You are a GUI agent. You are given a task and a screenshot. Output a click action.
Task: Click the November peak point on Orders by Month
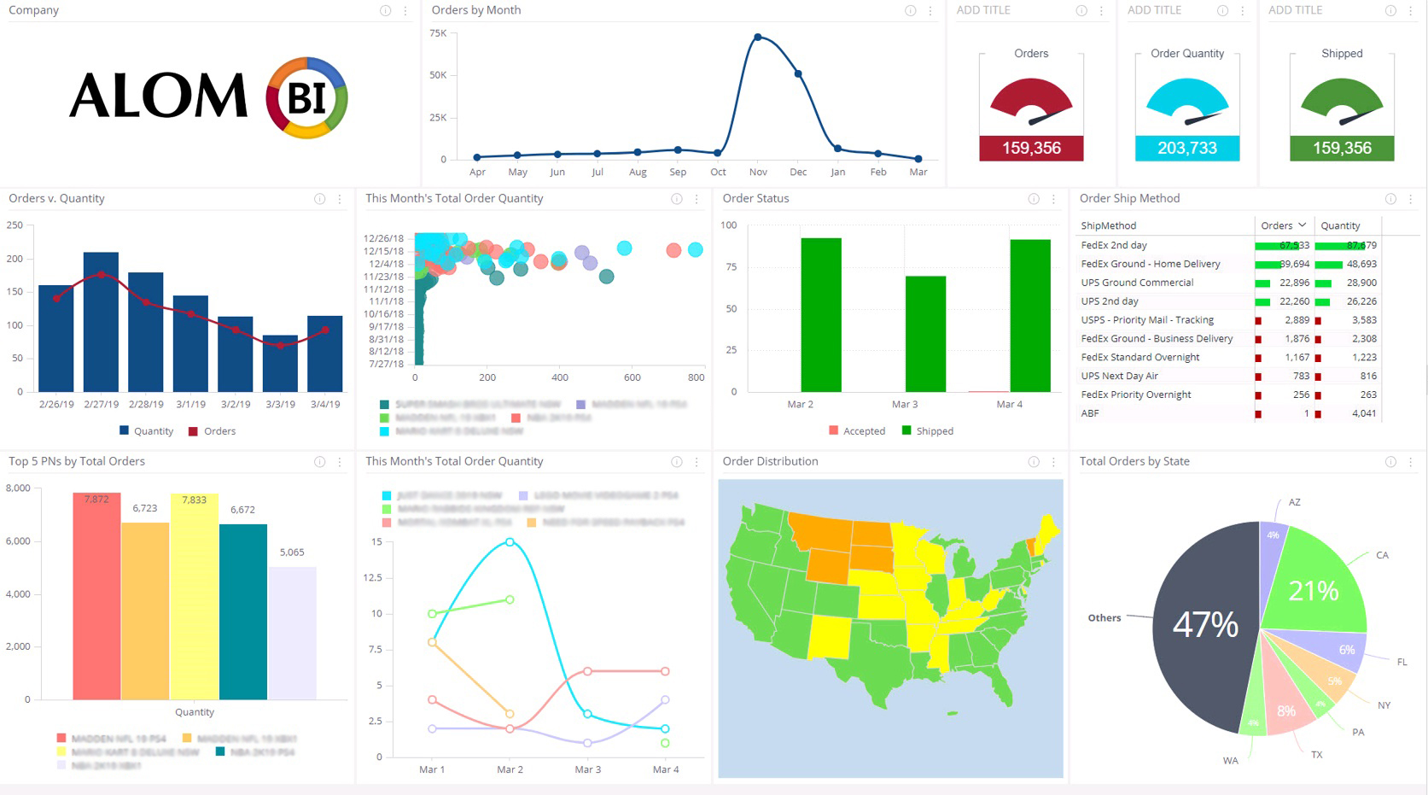(758, 38)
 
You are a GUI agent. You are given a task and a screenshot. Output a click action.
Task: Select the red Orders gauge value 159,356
(1031, 148)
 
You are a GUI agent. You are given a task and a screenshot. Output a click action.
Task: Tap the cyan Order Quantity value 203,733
(1186, 148)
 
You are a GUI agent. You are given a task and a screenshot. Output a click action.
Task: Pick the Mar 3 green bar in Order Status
(925, 334)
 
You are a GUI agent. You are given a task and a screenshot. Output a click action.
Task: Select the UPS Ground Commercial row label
(1137, 283)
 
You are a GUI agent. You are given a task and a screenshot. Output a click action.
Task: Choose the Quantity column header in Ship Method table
(1340, 225)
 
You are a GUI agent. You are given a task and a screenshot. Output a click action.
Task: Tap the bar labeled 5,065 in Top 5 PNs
(292, 633)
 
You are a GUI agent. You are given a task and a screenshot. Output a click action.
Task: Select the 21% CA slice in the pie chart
(1313, 589)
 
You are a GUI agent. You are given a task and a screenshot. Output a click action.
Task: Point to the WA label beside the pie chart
(1230, 760)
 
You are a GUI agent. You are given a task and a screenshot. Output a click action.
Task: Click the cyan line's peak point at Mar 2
(510, 542)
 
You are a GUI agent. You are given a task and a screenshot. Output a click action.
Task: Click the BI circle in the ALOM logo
(306, 98)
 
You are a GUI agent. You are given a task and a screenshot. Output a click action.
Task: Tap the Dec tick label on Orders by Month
(798, 172)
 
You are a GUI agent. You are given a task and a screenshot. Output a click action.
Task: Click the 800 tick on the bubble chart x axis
(696, 377)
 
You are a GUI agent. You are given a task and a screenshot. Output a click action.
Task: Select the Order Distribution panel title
(770, 461)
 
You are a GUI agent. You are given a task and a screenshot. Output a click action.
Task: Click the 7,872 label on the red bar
(96, 500)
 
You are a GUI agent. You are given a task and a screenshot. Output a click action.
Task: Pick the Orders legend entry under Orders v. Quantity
(219, 431)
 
